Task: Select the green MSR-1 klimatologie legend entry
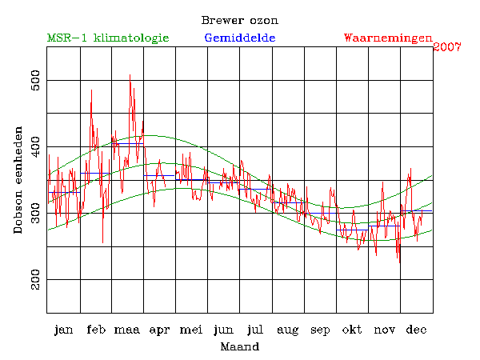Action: (x=108, y=38)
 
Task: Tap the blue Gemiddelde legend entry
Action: (x=240, y=38)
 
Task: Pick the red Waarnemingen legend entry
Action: (x=388, y=38)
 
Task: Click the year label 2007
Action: (x=447, y=47)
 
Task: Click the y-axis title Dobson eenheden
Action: (x=18, y=180)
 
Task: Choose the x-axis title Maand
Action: (x=239, y=346)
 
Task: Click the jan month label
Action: (x=63, y=330)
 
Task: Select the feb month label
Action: (x=95, y=330)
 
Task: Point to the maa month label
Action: (x=127, y=330)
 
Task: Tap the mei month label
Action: (x=191, y=330)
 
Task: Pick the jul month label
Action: (x=256, y=330)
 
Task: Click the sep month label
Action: (x=320, y=330)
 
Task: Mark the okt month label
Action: (x=352, y=330)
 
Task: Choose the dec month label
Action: (x=416, y=330)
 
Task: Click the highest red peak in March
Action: (x=130, y=75)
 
